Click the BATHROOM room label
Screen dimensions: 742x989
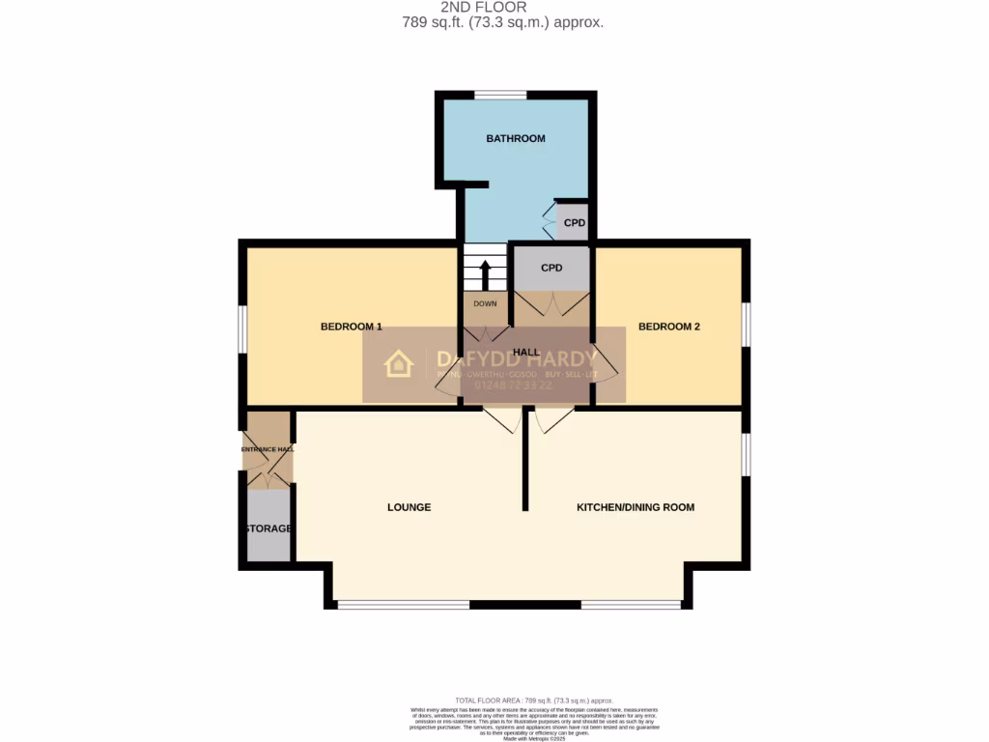(x=515, y=139)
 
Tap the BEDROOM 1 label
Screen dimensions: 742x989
(x=351, y=327)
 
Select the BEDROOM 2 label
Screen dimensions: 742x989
(x=668, y=327)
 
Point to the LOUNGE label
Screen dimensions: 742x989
(x=409, y=507)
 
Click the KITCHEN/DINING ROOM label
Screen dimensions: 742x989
(x=635, y=507)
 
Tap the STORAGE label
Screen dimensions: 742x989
(x=268, y=528)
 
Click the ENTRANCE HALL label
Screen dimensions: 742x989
(x=268, y=449)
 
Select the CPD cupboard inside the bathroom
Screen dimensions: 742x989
(x=575, y=223)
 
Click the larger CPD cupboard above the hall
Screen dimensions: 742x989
(x=551, y=268)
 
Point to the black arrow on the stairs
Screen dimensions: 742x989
(x=485, y=273)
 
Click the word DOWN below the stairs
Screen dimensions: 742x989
(x=485, y=303)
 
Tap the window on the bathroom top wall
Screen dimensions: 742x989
(x=499, y=95)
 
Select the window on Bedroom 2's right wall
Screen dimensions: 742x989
(x=746, y=324)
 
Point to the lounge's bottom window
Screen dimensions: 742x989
(x=403, y=606)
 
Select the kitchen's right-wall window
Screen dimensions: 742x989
(x=746, y=454)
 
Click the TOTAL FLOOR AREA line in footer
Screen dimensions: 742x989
(x=533, y=700)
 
